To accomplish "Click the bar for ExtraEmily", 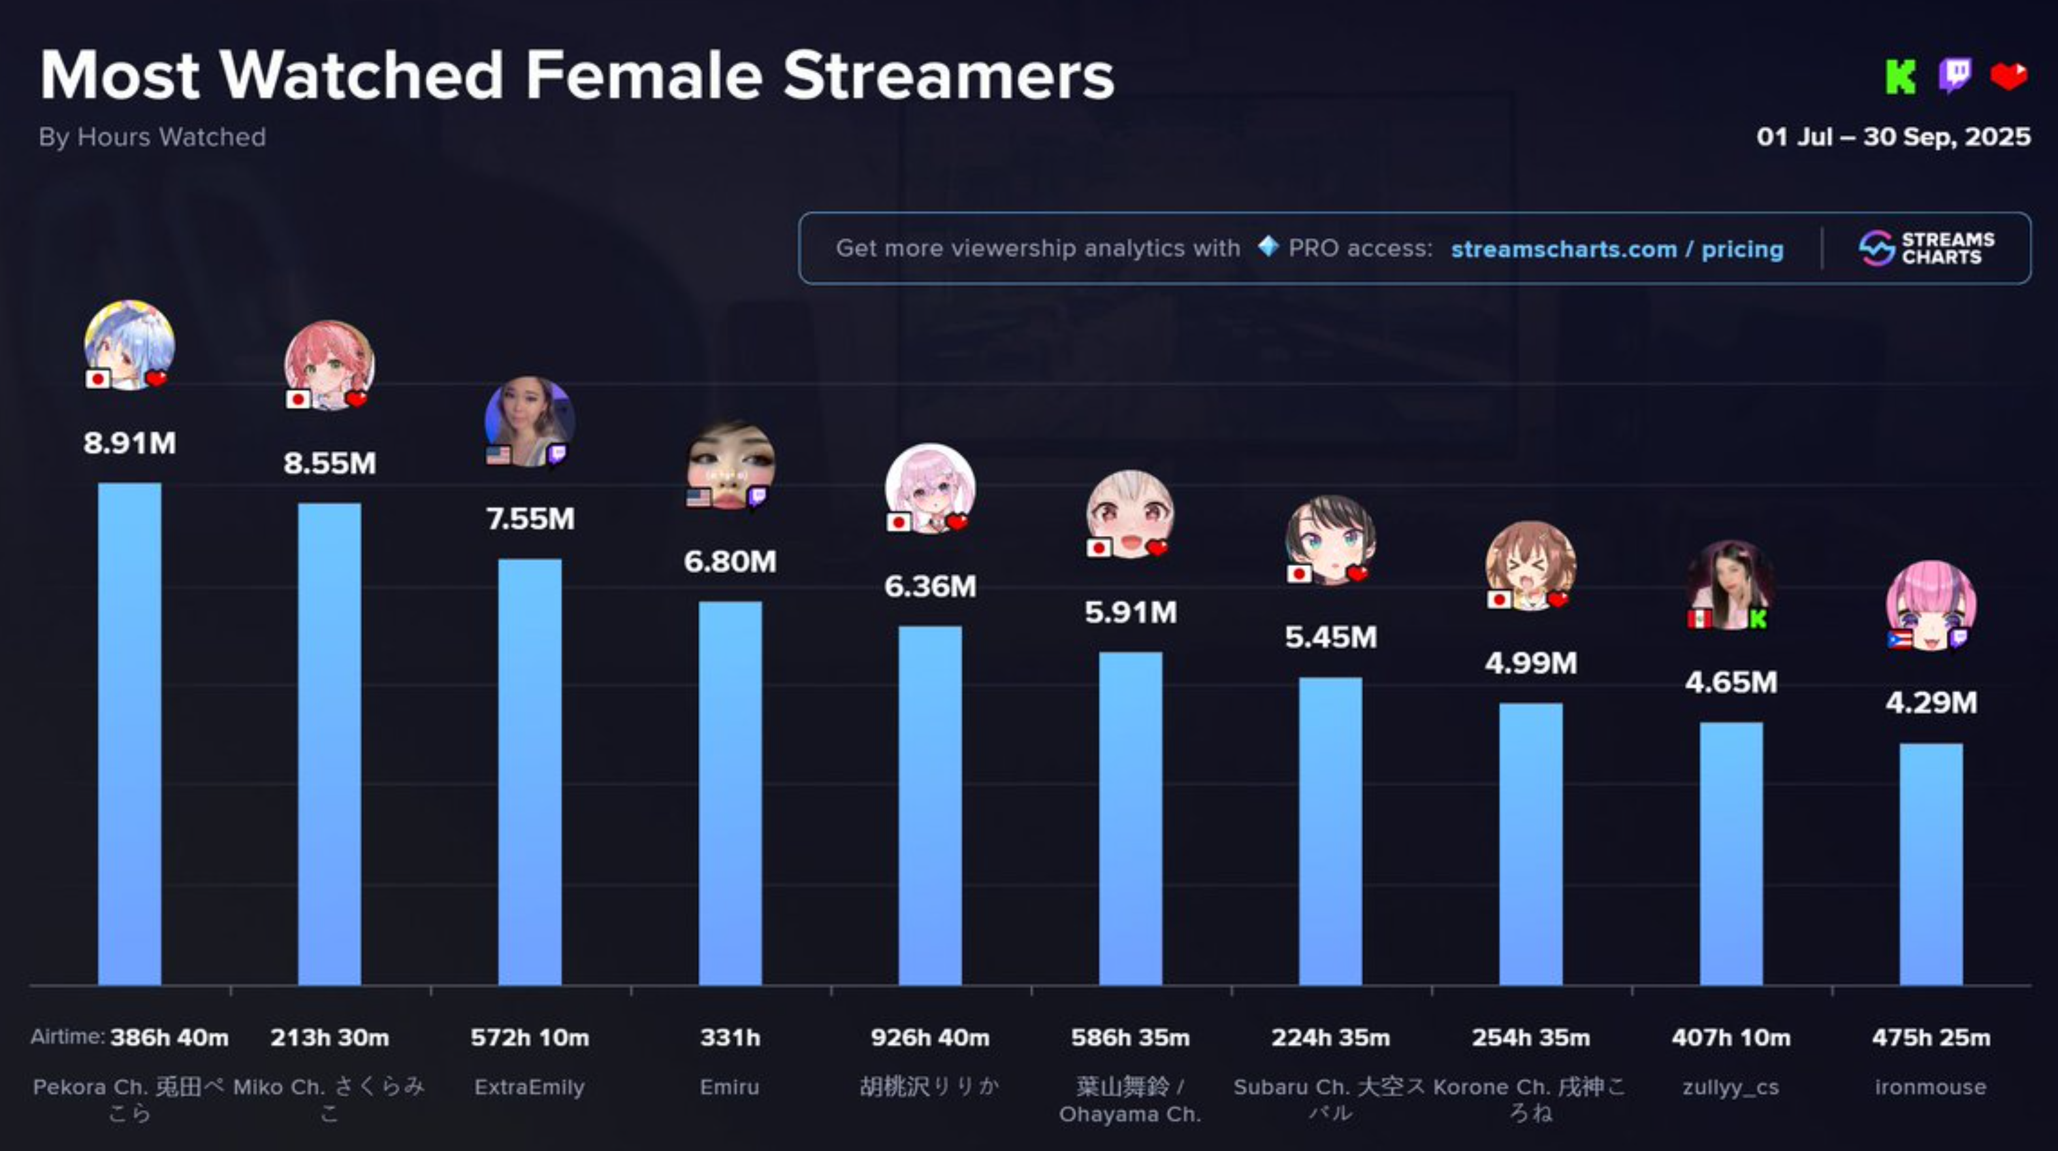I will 530,771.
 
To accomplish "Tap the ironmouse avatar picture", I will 1931,605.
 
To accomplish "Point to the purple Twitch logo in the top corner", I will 1954,76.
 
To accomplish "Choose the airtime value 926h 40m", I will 930,1037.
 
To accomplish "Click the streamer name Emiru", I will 730,1087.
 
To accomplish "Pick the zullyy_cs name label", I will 1730,1087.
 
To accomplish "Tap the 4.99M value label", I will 1531,663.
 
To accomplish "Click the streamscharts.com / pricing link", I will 1617,250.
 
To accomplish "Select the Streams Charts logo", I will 1926,248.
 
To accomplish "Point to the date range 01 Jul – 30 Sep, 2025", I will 1893,137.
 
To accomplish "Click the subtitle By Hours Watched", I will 152,137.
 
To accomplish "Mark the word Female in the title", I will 644,76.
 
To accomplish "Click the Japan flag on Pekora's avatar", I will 98,378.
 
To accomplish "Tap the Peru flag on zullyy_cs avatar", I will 1699,620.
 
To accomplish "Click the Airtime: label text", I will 67,1037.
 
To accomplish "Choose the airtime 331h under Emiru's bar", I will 730,1037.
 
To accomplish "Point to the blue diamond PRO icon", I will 1268,246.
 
